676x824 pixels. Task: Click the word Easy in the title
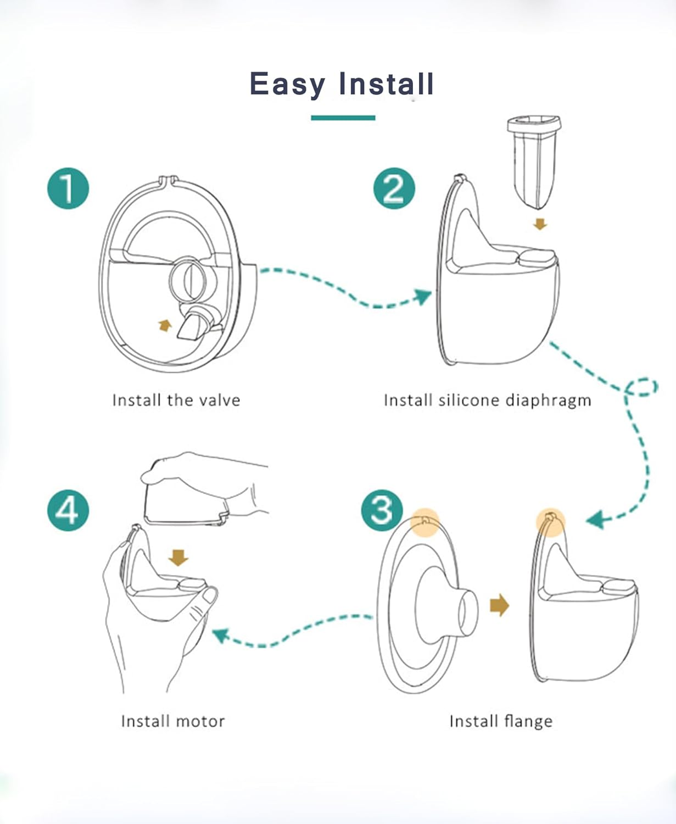point(287,85)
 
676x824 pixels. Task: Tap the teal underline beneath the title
point(343,118)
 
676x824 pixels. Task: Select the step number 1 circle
point(68,188)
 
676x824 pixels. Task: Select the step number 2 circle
point(394,188)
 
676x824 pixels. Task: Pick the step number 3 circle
point(382,510)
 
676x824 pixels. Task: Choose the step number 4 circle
point(68,510)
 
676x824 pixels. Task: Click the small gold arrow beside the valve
point(164,326)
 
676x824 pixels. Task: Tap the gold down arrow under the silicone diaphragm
point(540,224)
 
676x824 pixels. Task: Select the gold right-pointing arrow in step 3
point(499,605)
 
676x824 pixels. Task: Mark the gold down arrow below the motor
point(178,558)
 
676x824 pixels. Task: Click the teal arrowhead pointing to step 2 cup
point(423,297)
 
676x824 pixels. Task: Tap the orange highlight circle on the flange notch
point(425,521)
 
